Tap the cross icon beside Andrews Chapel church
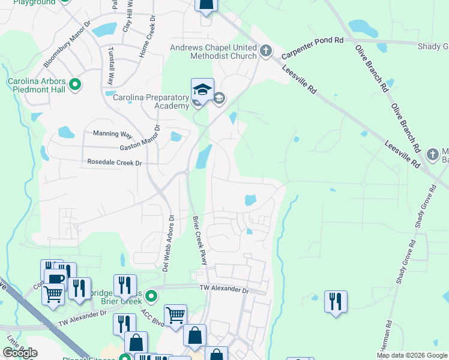[x=266, y=52]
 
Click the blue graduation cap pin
[x=202, y=90]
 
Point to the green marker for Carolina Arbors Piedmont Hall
[x=75, y=85]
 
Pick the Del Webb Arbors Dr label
[x=168, y=244]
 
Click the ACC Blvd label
[x=152, y=315]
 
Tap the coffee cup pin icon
[x=55, y=280]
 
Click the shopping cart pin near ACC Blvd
[x=175, y=314]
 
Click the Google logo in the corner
[x=20, y=353]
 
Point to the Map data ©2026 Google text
[x=411, y=355]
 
